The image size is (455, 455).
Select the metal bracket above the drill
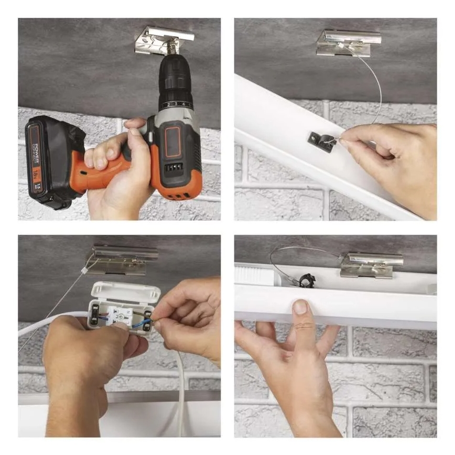click(x=163, y=41)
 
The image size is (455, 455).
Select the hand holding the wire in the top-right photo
click(x=393, y=162)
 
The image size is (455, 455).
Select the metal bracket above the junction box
click(x=123, y=259)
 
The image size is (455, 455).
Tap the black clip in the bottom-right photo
click(x=304, y=281)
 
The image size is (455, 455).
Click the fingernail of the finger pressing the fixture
click(x=300, y=307)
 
